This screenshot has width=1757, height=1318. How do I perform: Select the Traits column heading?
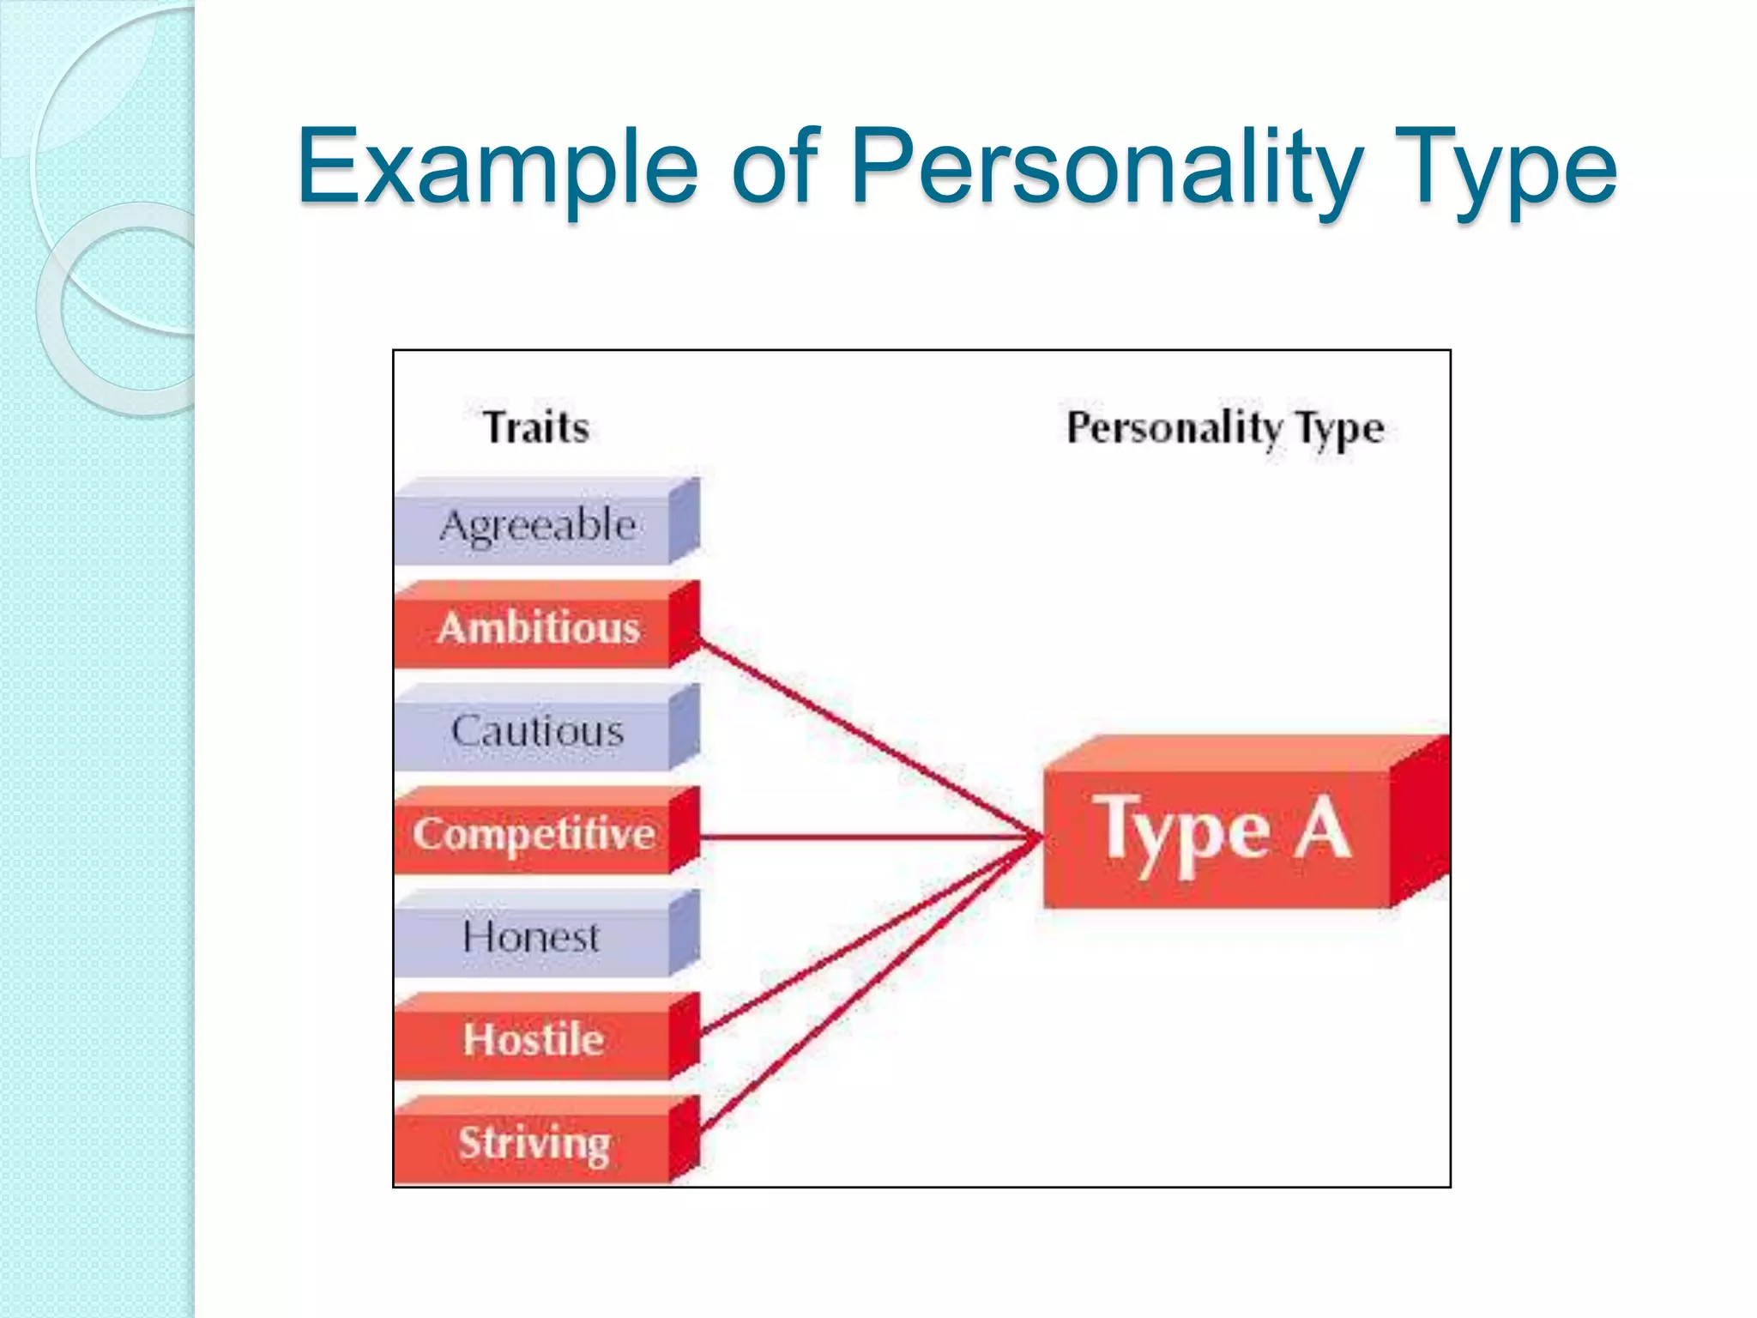coord(536,427)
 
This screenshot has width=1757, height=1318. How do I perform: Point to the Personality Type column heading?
coord(1225,427)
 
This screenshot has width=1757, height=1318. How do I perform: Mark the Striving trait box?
coord(534,1143)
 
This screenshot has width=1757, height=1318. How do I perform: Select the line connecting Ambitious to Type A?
coord(866,738)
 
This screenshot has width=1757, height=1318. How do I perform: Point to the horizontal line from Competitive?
coord(866,837)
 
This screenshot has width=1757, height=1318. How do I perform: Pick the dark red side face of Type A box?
coord(1419,824)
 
